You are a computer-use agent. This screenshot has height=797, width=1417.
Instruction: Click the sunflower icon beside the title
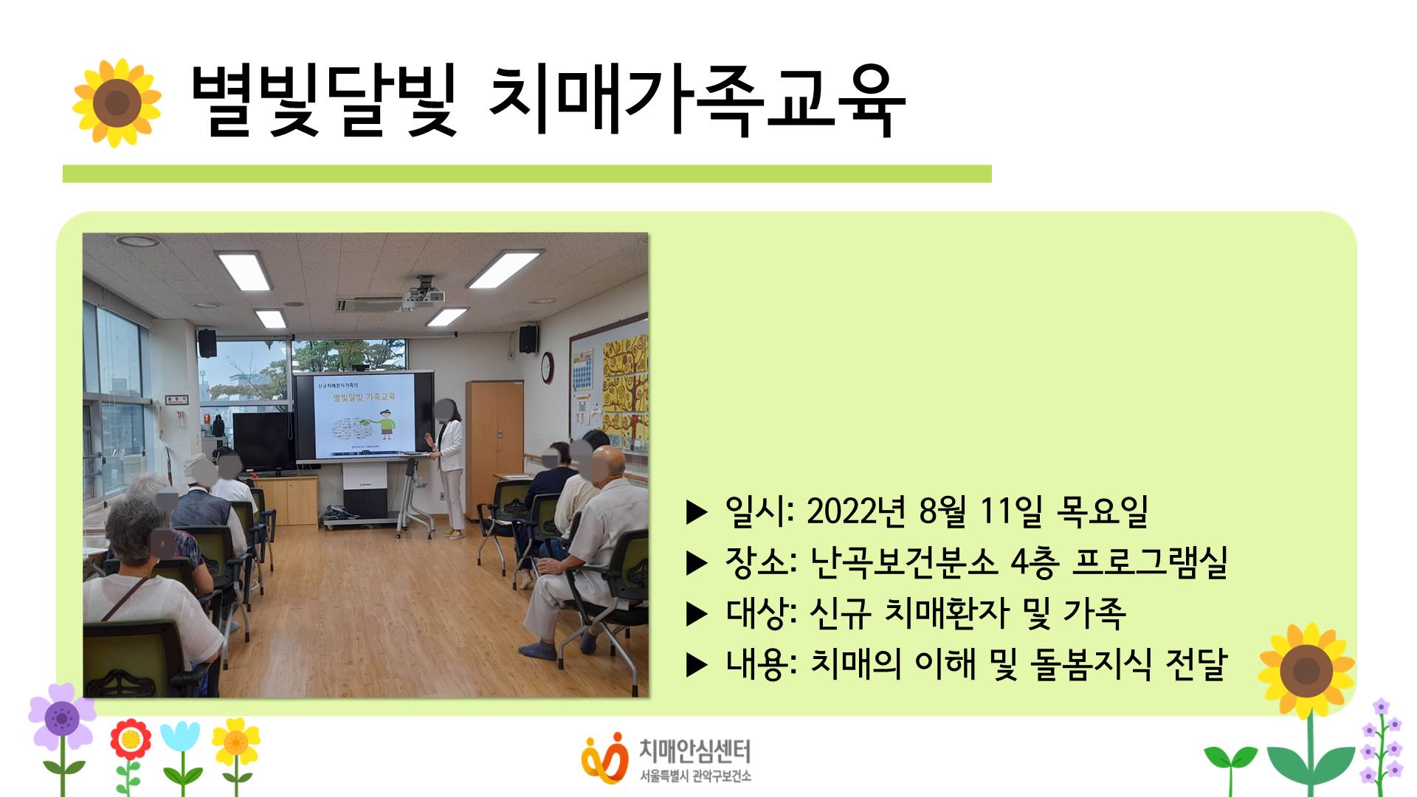click(117, 103)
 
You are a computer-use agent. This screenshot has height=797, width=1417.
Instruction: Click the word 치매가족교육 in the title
click(697, 102)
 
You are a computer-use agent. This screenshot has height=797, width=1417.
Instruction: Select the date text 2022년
click(855, 511)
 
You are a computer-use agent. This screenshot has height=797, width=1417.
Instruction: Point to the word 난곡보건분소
click(903, 562)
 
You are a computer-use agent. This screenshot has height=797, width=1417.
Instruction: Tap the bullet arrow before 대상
click(697, 614)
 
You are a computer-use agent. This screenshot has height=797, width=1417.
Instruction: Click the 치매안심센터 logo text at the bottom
click(694, 751)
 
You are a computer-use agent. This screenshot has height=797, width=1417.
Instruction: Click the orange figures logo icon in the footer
click(604, 759)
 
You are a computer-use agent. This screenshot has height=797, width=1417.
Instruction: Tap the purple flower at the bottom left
click(62, 717)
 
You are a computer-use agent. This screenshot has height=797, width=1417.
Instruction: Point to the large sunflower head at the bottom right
click(1306, 670)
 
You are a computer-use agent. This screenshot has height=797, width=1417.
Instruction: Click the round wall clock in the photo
click(547, 367)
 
